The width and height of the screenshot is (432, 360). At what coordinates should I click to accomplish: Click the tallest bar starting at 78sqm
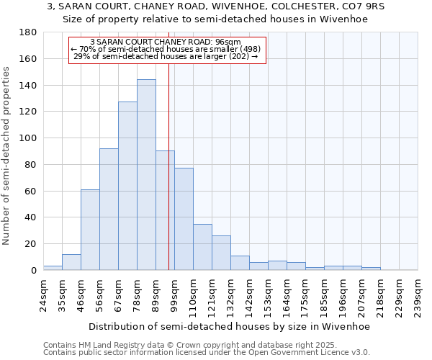pyautogui.click(x=146, y=175)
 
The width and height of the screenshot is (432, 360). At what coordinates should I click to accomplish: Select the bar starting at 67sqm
pyautogui.click(x=127, y=186)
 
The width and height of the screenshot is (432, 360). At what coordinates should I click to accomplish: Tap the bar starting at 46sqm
pyautogui.click(x=90, y=230)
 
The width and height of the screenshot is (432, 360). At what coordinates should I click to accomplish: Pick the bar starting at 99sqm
pyautogui.click(x=184, y=219)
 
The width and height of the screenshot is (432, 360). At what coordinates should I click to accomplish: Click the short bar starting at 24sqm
pyautogui.click(x=53, y=268)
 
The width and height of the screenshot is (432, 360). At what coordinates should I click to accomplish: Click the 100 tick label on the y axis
pyautogui.click(x=28, y=138)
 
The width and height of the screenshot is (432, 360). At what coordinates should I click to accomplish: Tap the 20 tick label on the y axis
pyautogui.click(x=31, y=244)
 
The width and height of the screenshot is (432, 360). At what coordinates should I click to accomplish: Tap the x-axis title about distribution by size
pyautogui.click(x=230, y=327)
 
